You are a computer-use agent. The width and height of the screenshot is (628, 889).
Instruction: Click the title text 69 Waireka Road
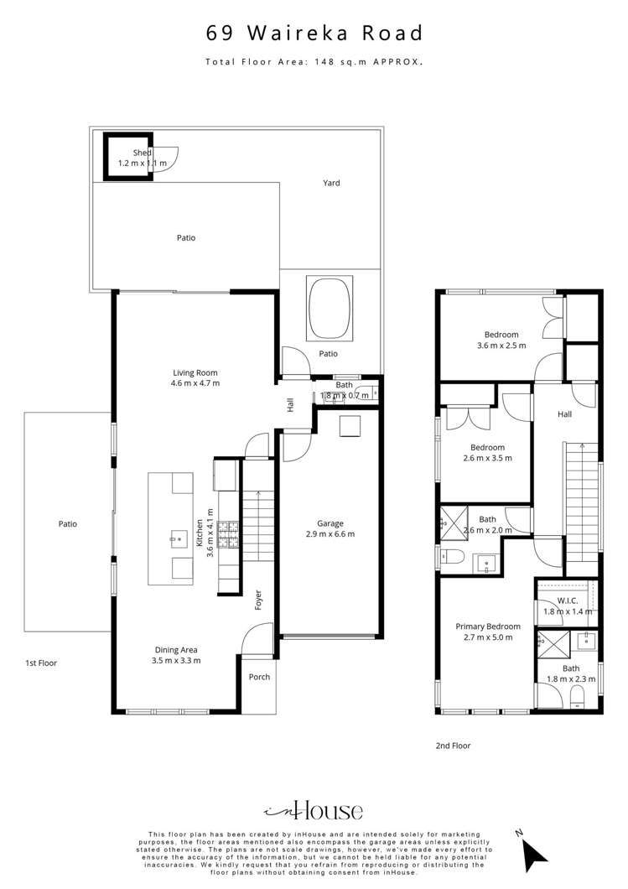314,34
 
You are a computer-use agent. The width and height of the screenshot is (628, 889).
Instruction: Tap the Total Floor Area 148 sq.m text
314,62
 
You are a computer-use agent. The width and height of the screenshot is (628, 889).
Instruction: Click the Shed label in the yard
142,153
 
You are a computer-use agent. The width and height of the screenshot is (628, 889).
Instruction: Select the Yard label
332,183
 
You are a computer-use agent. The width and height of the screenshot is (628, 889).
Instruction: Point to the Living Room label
195,372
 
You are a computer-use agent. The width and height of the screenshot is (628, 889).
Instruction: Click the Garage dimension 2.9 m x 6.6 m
330,534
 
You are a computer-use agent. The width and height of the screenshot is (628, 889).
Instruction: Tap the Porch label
260,677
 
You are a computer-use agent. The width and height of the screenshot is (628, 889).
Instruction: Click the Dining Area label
176,649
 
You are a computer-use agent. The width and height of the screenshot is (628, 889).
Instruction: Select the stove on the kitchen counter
228,529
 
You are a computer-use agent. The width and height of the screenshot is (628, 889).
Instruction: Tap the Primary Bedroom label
488,626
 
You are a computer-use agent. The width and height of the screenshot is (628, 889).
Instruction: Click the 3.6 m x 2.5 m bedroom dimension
501,346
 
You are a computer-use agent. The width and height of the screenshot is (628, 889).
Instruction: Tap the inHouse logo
314,810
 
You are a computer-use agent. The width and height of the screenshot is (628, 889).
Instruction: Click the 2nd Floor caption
454,745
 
